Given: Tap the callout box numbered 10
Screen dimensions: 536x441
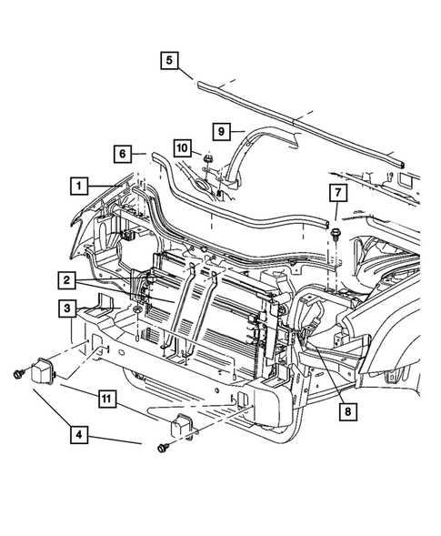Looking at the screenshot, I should tap(183, 147).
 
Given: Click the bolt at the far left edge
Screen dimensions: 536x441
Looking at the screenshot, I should tap(18, 374).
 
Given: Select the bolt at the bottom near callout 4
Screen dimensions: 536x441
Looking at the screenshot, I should tap(162, 447).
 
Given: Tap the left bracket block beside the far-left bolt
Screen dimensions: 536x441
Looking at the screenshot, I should tap(45, 372).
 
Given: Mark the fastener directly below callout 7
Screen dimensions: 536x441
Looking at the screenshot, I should tap(336, 235).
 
